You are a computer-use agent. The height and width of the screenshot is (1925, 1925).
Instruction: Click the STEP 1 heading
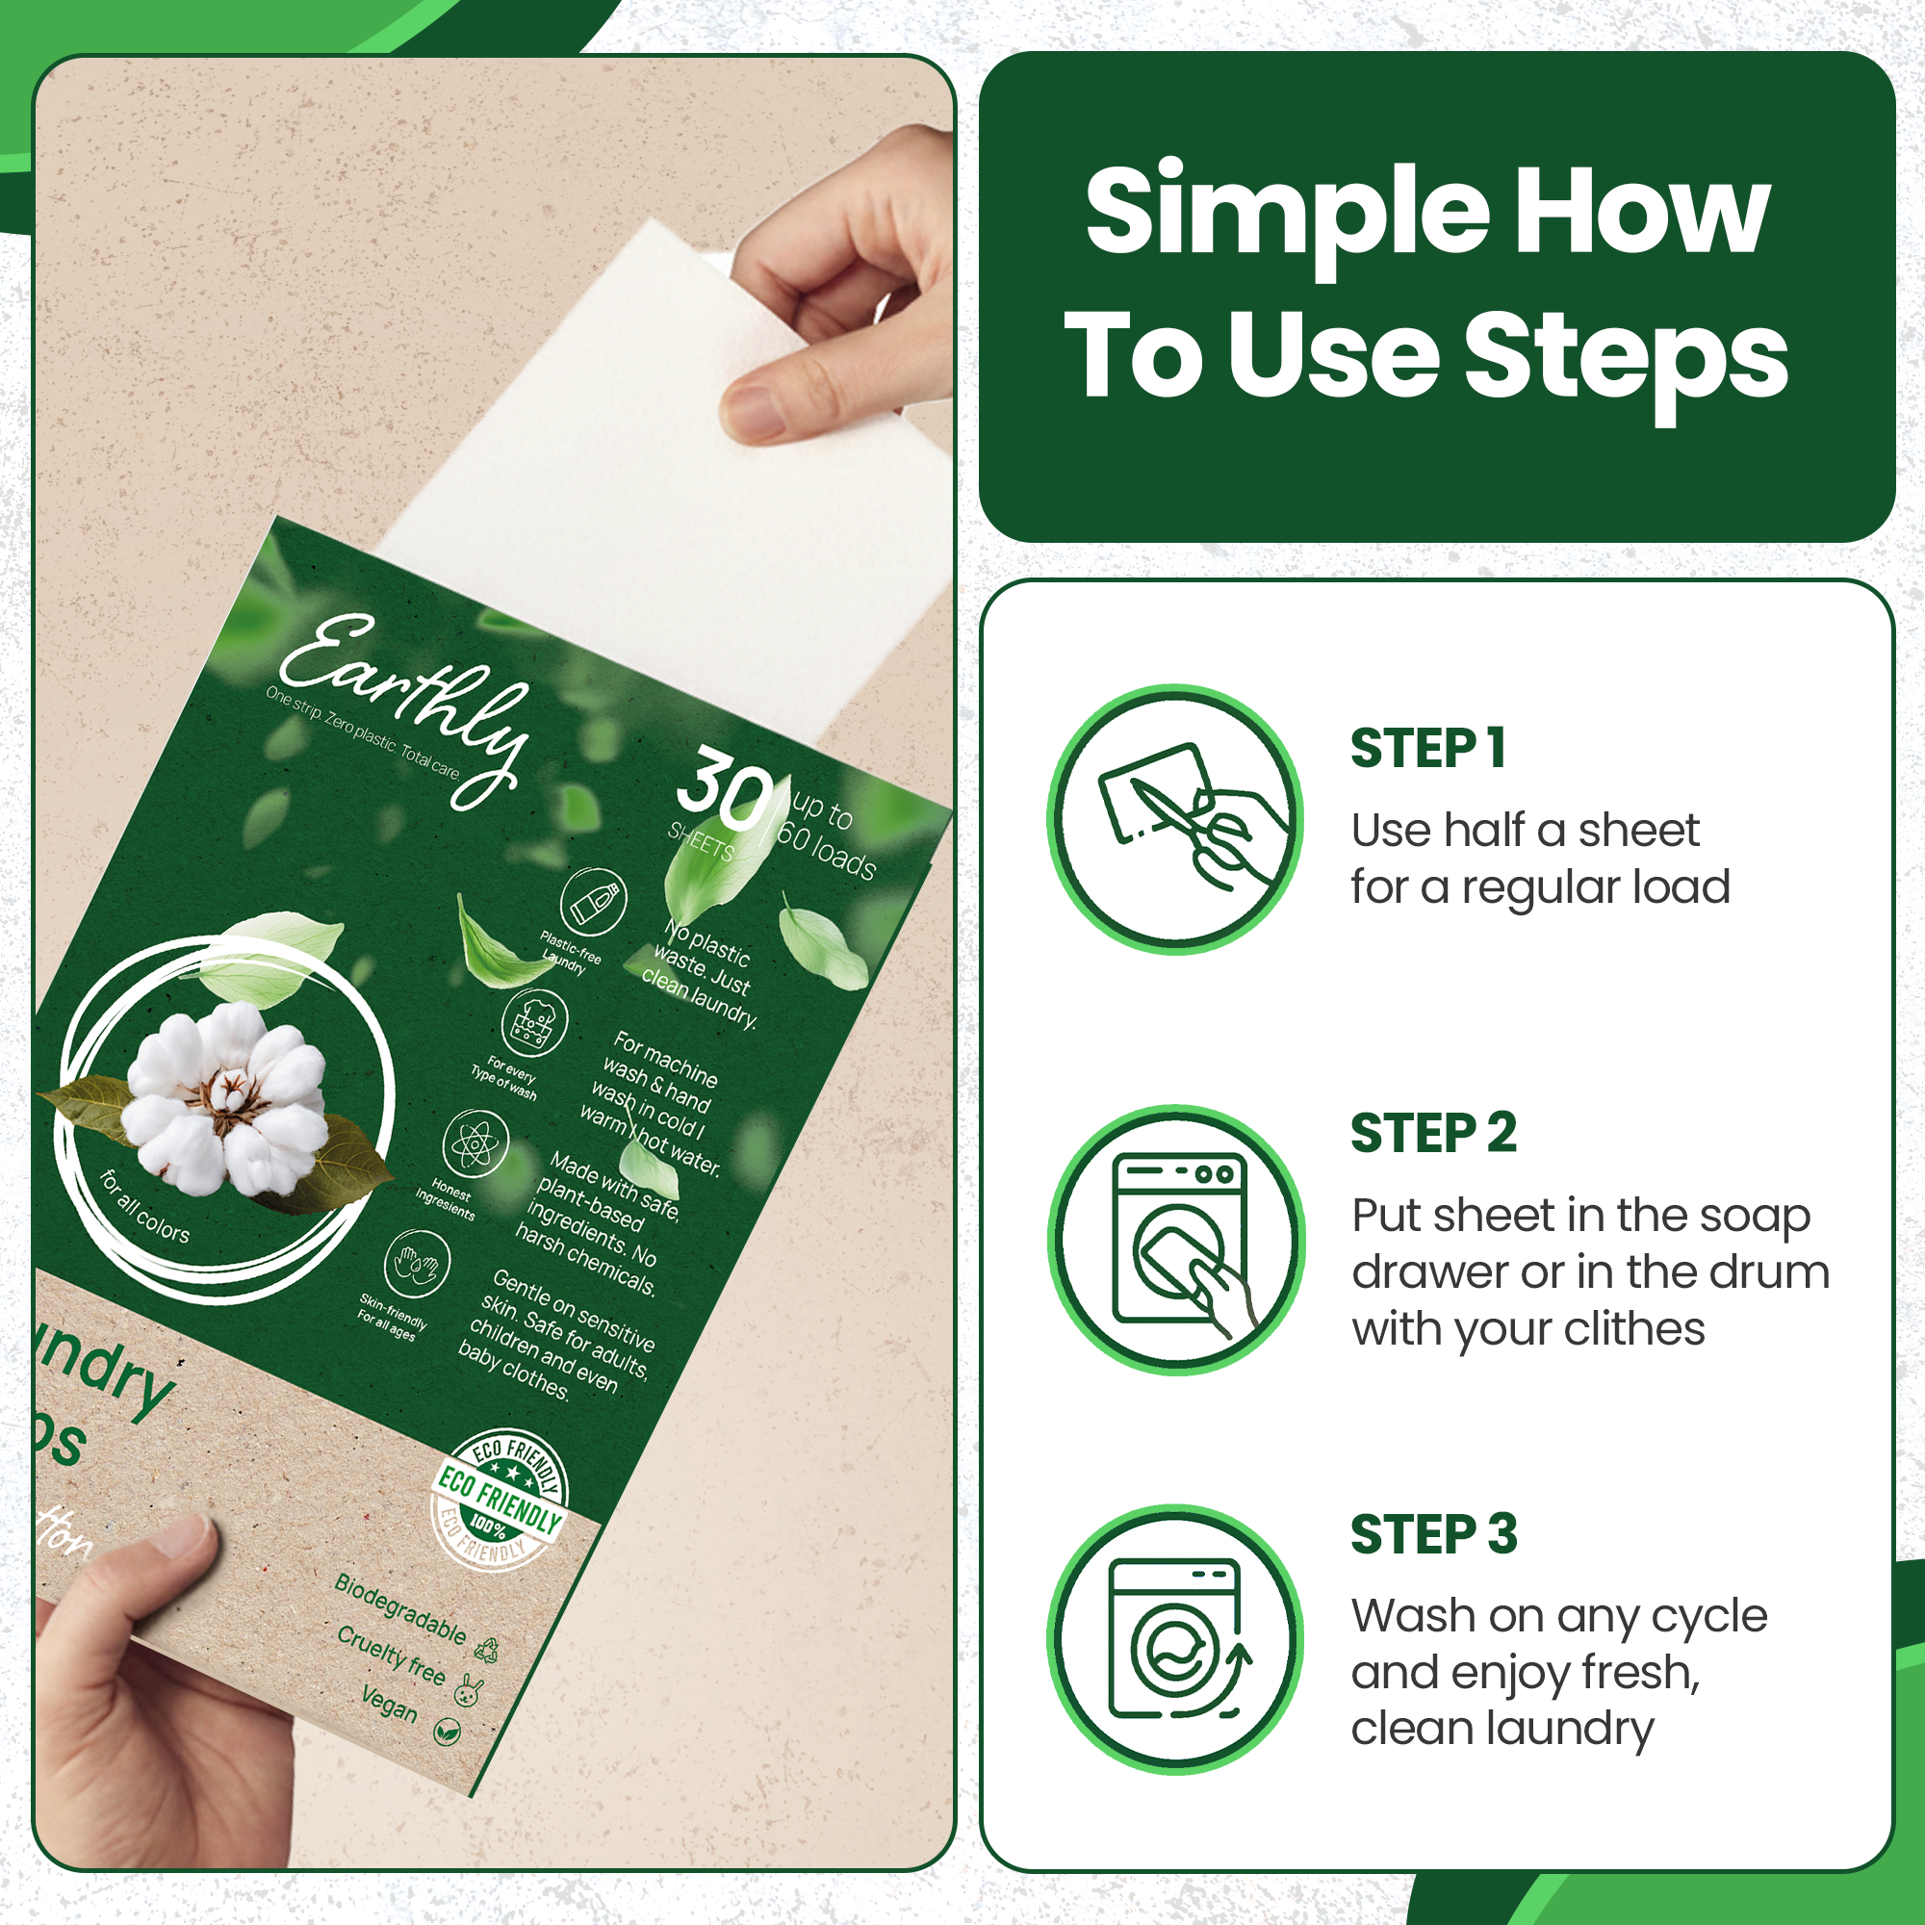[1426, 749]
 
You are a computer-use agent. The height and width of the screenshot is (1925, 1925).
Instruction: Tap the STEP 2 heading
[1433, 1134]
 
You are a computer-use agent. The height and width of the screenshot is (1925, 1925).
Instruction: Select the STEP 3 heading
[1433, 1534]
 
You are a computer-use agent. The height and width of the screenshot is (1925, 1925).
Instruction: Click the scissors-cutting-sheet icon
[1177, 819]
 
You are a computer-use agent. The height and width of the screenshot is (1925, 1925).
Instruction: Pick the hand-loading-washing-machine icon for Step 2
[1177, 1240]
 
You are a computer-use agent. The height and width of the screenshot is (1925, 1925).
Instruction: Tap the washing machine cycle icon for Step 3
[1177, 1639]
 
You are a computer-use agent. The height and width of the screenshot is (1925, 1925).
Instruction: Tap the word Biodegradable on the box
[399, 1608]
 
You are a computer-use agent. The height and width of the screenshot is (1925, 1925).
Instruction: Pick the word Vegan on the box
[389, 1703]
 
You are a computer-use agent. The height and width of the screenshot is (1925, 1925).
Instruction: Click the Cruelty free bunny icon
[469, 1690]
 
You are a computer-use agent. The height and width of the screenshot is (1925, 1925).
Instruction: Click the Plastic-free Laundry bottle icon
[593, 902]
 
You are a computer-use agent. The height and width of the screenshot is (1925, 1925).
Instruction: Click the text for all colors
[145, 1207]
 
